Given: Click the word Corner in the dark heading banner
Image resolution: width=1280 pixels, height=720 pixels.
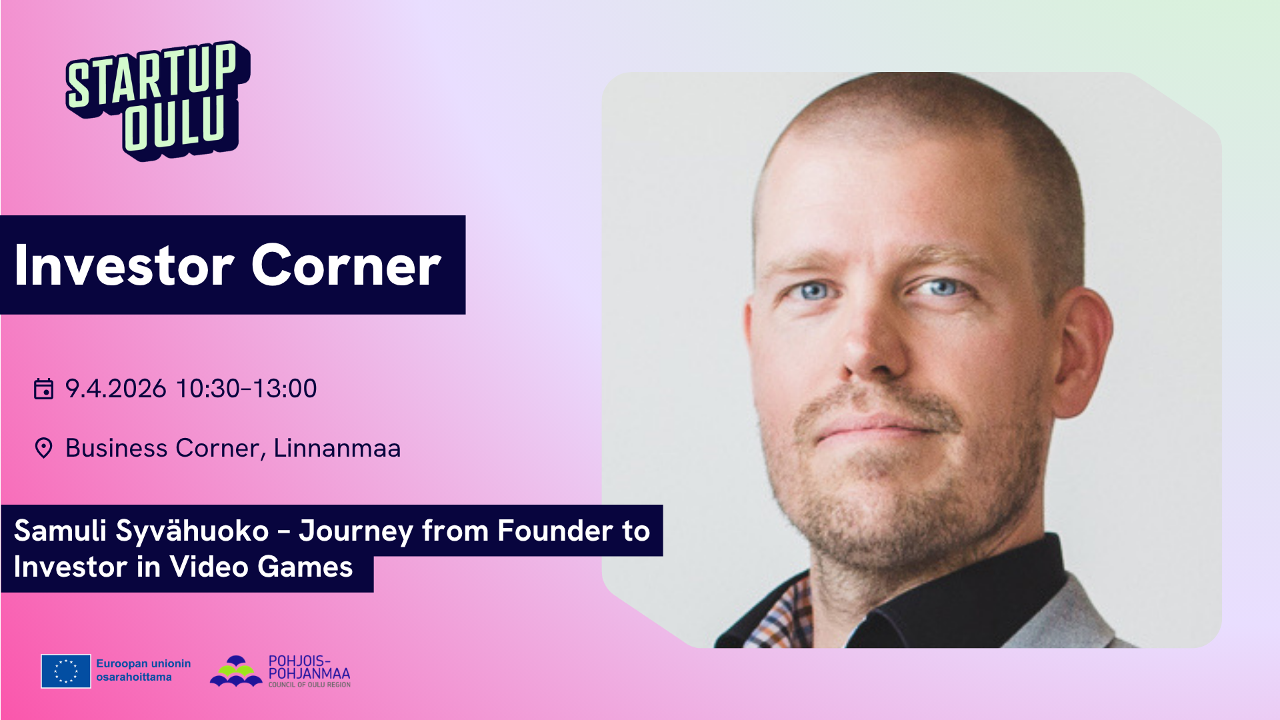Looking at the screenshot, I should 346,265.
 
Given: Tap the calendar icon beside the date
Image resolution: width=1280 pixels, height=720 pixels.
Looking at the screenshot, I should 43,389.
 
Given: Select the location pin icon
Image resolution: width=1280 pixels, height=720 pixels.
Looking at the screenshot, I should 43,448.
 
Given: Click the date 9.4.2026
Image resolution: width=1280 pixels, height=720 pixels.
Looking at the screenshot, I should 115,389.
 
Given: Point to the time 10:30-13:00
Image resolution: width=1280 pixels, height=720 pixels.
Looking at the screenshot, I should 246,389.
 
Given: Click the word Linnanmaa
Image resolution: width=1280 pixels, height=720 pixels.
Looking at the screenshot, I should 337,448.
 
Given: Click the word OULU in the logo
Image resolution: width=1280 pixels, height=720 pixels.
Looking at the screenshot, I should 175,124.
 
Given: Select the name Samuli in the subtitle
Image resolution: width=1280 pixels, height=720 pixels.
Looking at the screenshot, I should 60,531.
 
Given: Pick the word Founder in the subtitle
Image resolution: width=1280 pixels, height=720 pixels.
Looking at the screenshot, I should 555,531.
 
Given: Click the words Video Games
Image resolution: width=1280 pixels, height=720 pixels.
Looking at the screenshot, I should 261,567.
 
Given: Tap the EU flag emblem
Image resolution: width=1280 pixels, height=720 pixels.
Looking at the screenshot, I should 66,671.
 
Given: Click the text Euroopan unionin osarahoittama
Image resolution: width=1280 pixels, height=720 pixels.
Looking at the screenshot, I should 143,670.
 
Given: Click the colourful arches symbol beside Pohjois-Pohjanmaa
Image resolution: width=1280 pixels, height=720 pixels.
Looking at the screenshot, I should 236,671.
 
